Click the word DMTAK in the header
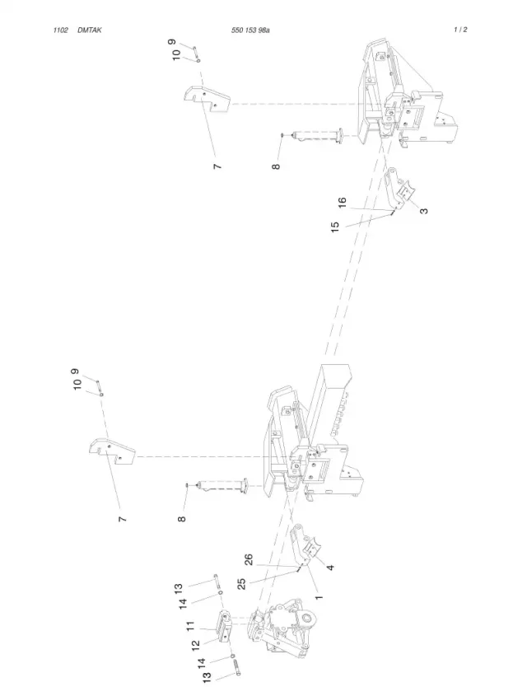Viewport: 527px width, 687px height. tap(90, 30)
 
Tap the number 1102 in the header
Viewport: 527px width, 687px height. tap(60, 30)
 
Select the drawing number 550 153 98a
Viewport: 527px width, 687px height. tap(250, 30)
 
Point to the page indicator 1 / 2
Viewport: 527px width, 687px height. tap(460, 30)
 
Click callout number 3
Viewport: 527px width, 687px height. tap(423, 211)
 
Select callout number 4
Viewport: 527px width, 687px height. tap(330, 568)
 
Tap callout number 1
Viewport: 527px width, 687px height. tap(319, 597)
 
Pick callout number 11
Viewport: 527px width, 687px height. tap(190, 626)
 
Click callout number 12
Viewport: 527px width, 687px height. tap(196, 645)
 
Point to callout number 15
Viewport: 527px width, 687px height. tap(334, 227)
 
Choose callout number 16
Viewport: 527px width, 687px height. tap(342, 203)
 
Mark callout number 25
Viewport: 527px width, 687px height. tap(241, 584)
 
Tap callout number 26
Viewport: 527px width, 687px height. tap(249, 560)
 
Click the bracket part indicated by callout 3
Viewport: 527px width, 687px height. tap(399, 189)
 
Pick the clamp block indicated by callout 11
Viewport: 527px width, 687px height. tap(225, 627)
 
